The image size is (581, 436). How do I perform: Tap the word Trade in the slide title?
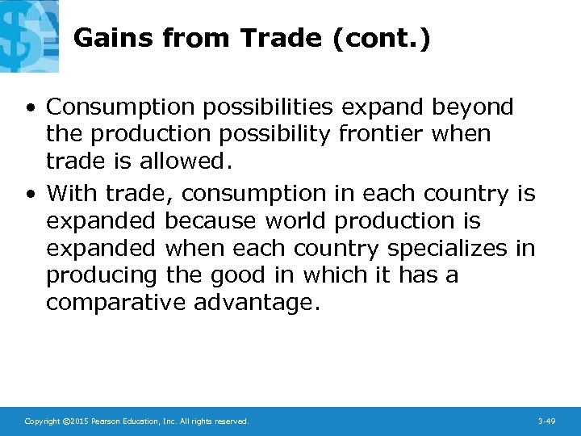point(282,38)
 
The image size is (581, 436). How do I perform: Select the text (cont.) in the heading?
point(380,38)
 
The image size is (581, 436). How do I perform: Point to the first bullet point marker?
point(29,107)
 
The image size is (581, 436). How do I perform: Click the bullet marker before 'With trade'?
point(29,195)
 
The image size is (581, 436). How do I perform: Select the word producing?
point(102,275)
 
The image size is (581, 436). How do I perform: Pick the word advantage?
point(253,303)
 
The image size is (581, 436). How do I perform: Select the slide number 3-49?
point(546,421)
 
